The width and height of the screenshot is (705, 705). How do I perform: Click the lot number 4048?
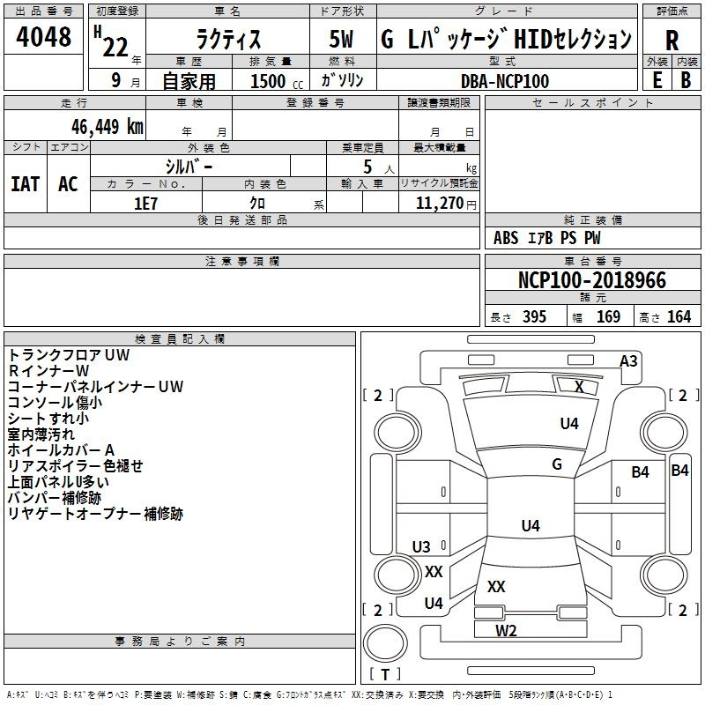click(44, 37)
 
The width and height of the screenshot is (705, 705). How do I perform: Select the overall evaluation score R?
click(672, 41)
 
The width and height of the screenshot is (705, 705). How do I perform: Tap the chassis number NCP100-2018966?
click(591, 280)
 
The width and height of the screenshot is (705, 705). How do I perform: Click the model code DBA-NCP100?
click(505, 81)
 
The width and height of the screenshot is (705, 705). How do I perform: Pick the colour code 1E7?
click(145, 203)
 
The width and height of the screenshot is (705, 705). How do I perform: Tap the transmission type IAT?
click(25, 184)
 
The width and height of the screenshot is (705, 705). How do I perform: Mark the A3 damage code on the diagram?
click(628, 360)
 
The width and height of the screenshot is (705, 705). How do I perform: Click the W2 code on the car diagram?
click(506, 630)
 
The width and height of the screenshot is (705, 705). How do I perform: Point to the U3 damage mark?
click(421, 547)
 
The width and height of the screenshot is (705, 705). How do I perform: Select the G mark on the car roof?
click(557, 464)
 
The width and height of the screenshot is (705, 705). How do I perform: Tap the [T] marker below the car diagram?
click(385, 674)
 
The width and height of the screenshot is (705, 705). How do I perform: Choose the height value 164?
click(679, 317)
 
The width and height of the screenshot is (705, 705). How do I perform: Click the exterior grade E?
click(657, 79)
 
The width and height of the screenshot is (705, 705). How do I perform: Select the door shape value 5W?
click(344, 40)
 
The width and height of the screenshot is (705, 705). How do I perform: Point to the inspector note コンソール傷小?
click(55, 402)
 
